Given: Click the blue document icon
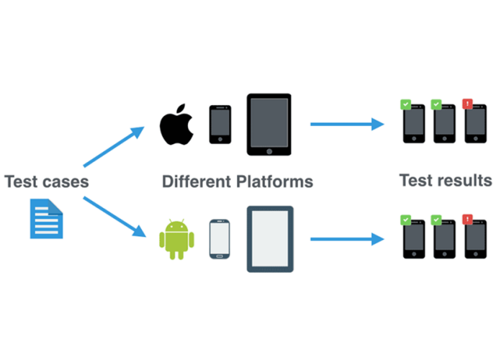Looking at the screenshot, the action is coord(47,219).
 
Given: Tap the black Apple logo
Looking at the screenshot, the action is coord(176,125).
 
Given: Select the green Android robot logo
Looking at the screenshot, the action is coord(176,239).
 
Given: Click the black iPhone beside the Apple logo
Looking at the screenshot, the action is coord(220,125).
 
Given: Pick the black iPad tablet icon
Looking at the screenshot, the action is coord(269,125).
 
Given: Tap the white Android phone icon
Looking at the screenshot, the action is coord(220,239).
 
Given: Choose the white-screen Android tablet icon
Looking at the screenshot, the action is coord(270,239).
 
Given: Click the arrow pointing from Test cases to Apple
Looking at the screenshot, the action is coord(114,147).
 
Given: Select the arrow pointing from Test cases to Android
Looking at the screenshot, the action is coord(114,217).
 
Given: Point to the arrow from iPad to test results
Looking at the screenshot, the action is coord(347,124).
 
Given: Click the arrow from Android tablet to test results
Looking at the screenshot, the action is coord(347,239).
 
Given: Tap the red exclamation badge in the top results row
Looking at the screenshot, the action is coord(467,104).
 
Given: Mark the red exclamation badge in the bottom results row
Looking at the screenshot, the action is coord(467,220).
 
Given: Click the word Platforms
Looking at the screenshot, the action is coord(275,182).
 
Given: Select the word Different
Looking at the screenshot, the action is coord(197,181).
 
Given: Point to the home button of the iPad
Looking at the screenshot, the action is coord(269,151).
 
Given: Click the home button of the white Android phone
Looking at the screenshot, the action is coord(220,256).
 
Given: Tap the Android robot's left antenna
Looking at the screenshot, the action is coord(170,221).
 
